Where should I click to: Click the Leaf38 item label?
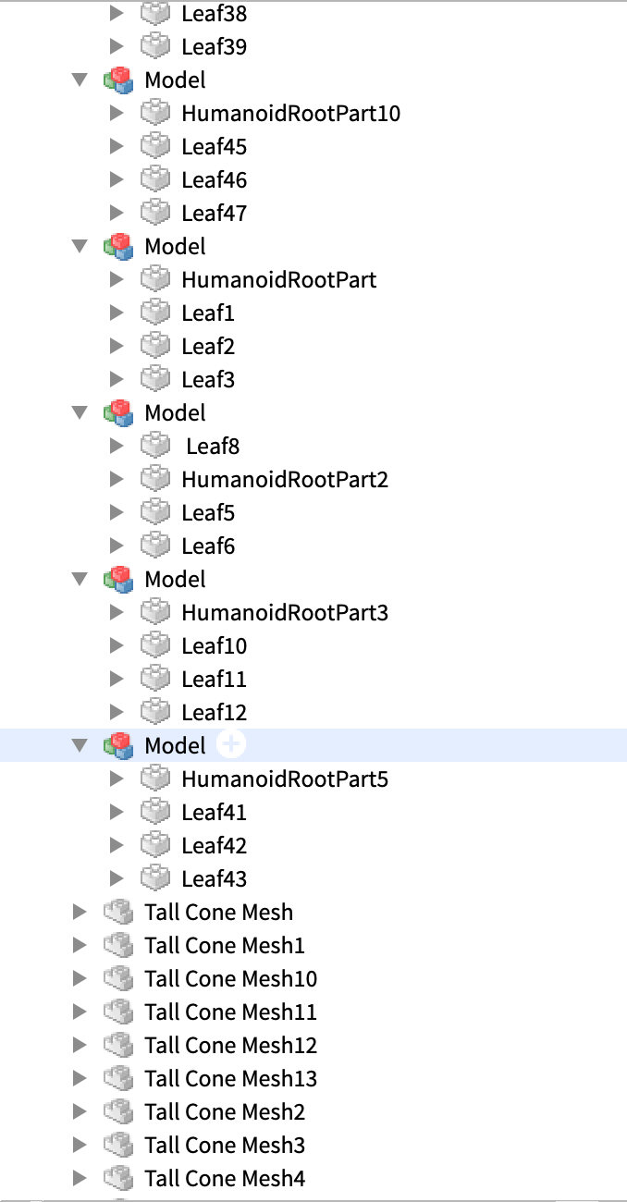point(214,14)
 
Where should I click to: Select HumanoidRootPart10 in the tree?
point(290,114)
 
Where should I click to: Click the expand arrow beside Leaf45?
point(117,146)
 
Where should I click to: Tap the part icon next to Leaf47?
point(155,213)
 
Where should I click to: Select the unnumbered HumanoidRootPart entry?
point(278,280)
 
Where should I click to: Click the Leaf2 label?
point(208,347)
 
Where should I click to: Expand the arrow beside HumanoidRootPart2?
point(117,479)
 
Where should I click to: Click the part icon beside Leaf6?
point(155,546)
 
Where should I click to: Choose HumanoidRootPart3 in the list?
point(285,613)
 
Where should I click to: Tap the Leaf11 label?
point(214,680)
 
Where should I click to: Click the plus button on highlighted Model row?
point(231,744)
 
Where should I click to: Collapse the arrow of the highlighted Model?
point(80,745)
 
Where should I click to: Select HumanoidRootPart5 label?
point(285,779)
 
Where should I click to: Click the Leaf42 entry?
point(214,846)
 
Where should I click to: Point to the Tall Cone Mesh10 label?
point(230,979)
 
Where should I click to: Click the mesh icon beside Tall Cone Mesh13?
point(117,1078)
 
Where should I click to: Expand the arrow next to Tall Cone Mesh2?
point(80,1111)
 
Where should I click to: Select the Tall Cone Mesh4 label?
point(225,1179)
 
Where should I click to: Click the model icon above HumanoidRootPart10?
point(117,80)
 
